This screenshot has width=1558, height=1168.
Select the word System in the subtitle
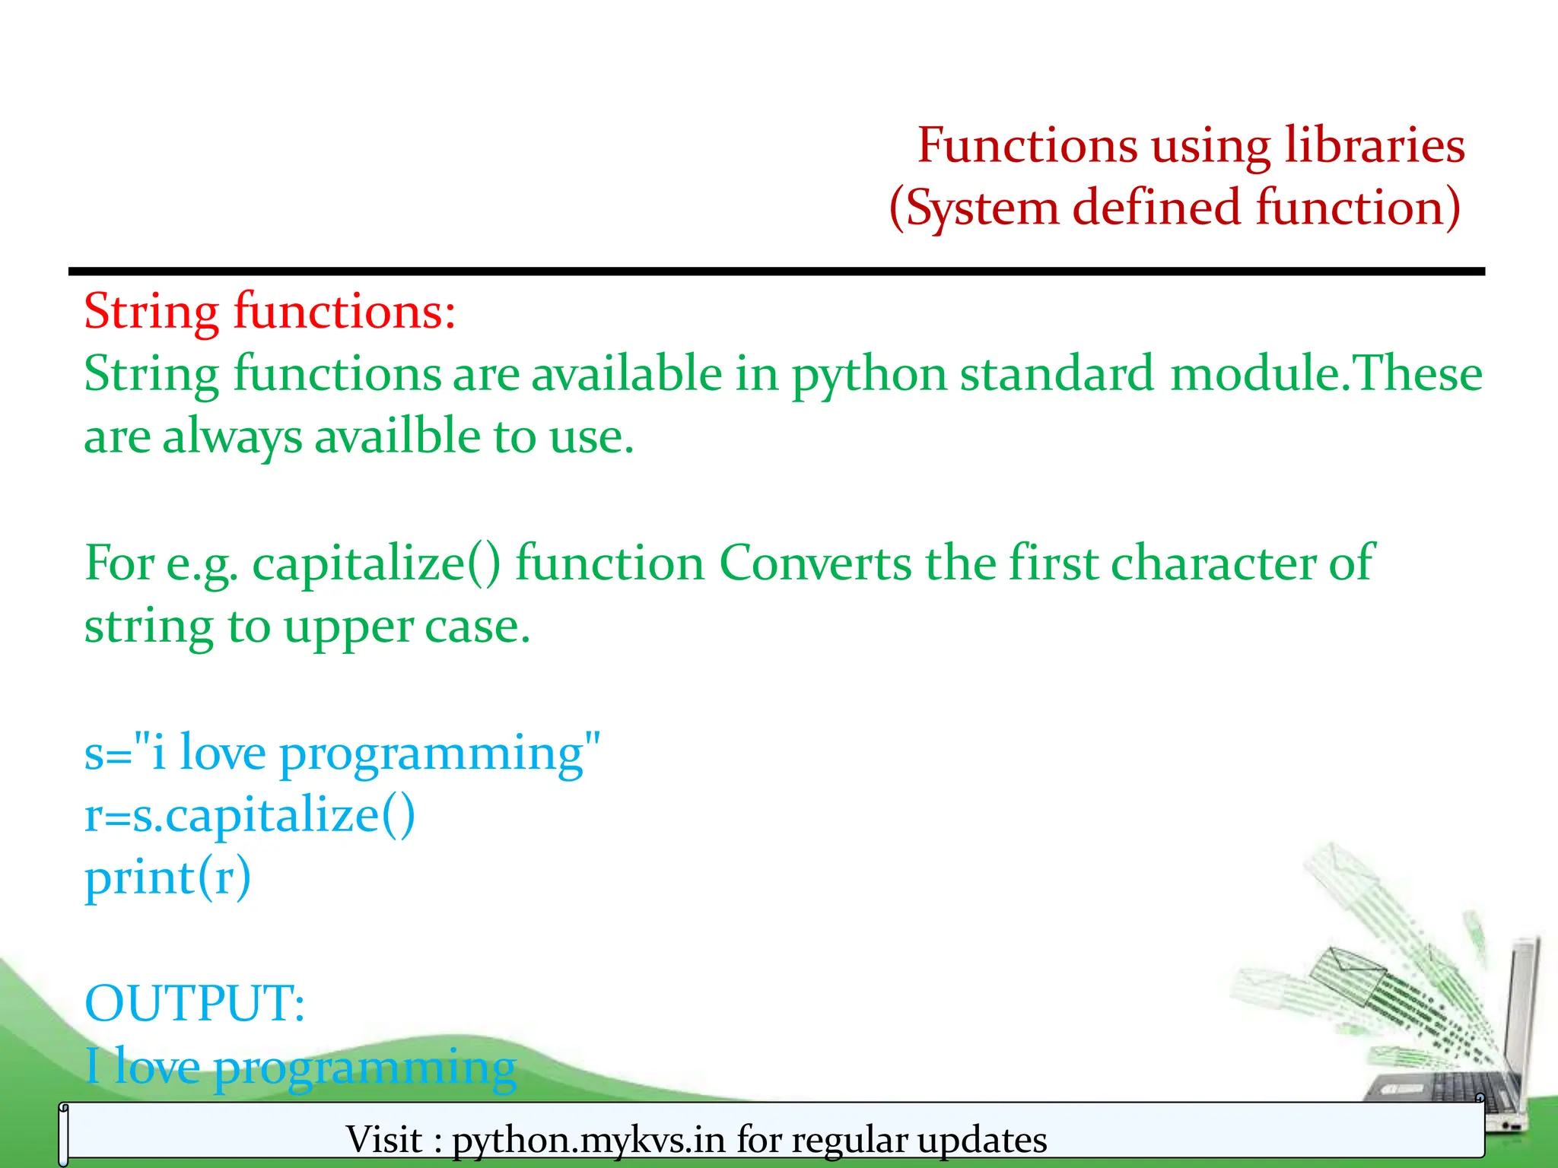(981, 208)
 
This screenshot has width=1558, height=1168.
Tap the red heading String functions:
(269, 311)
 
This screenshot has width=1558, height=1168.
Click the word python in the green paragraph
(869, 374)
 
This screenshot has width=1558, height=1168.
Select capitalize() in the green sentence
(377, 564)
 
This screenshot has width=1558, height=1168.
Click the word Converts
(815, 563)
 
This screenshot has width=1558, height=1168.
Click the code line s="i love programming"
(342, 753)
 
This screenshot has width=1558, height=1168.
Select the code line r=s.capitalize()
(250, 815)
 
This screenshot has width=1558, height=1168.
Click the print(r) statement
(167, 878)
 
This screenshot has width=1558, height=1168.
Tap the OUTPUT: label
(195, 1003)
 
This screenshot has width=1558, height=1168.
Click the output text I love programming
(300, 1066)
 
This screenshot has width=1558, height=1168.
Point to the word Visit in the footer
(383, 1139)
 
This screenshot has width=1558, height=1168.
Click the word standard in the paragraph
(1057, 374)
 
